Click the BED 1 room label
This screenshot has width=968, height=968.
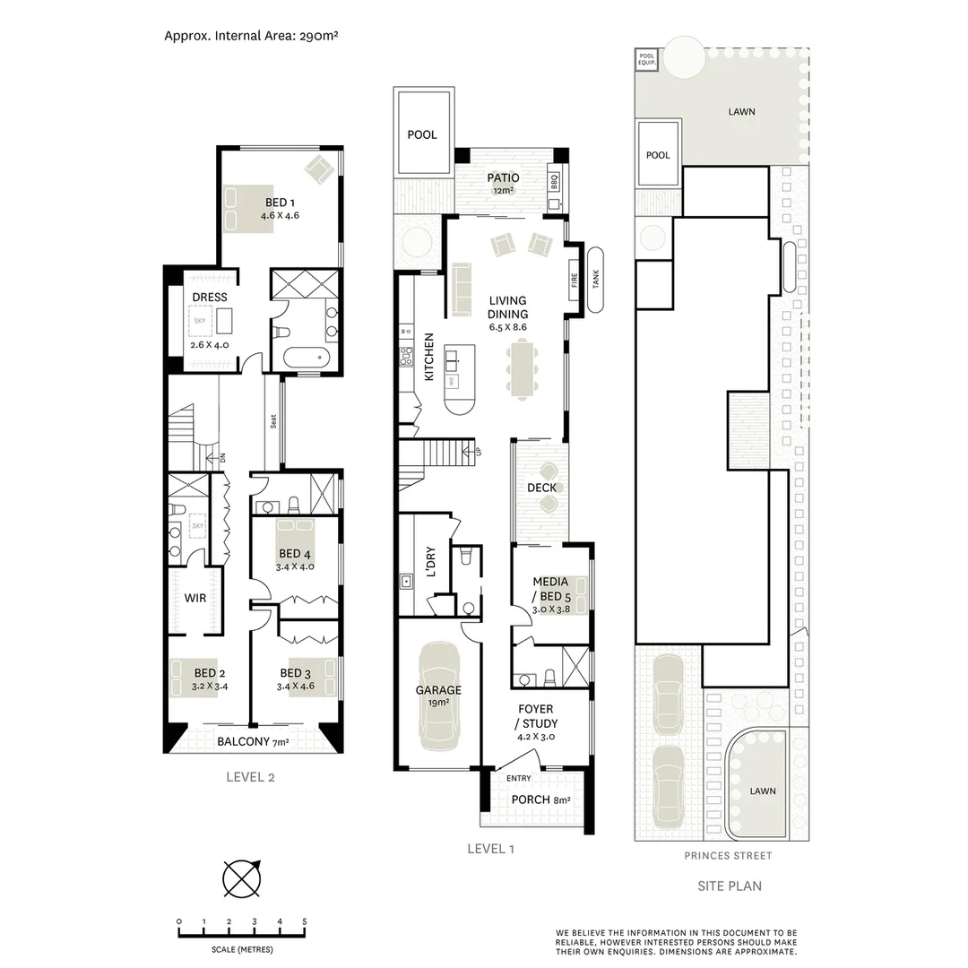click(x=280, y=203)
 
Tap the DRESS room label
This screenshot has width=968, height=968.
click(x=210, y=298)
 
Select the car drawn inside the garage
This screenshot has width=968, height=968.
click(x=439, y=696)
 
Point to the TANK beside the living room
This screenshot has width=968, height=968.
click(x=596, y=280)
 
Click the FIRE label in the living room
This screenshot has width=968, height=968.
click(x=575, y=281)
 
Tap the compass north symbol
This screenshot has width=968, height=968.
click(x=241, y=877)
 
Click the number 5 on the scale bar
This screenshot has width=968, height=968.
click(x=305, y=921)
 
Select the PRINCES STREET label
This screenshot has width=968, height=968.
click(x=728, y=856)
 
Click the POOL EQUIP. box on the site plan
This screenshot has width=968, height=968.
click(x=647, y=60)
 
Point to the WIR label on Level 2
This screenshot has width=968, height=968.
click(x=195, y=598)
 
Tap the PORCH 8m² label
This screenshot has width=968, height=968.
click(x=540, y=800)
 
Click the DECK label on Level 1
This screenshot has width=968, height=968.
click(x=541, y=488)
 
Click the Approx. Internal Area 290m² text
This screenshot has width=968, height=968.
click(x=251, y=37)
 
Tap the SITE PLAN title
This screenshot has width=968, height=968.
click(x=730, y=886)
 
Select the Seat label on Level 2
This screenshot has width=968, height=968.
click(x=272, y=421)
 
